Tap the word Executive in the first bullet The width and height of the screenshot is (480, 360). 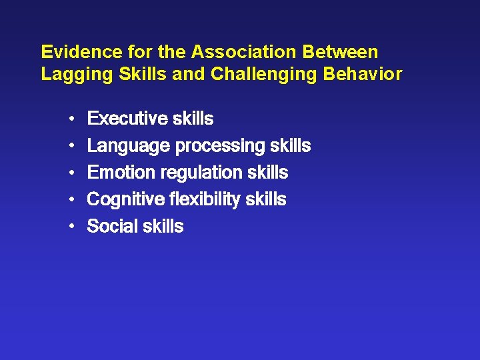pyautogui.click(x=127, y=119)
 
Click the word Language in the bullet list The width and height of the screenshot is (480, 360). pyautogui.click(x=128, y=146)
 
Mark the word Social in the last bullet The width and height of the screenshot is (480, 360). pyautogui.click(x=110, y=227)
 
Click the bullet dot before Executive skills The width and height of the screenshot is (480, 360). pyautogui.click(x=71, y=119)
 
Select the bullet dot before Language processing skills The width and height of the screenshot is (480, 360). pyautogui.click(x=71, y=146)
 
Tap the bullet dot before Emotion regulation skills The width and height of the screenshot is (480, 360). pyautogui.click(x=71, y=173)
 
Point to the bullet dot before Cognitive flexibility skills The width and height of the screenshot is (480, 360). pyautogui.click(x=71, y=200)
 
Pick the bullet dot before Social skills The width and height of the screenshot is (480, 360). pyautogui.click(x=71, y=227)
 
